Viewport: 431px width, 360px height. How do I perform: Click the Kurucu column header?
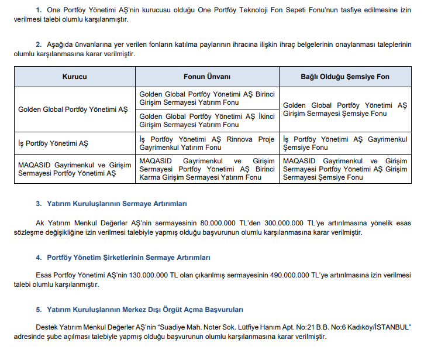[74, 77]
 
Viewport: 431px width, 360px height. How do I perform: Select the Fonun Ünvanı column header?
[207, 77]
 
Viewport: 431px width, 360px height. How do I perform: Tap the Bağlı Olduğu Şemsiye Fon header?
[345, 77]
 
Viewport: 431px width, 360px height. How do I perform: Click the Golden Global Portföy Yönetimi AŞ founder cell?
[73, 109]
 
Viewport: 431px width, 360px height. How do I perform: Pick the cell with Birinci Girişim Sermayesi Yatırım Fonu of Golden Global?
[207, 98]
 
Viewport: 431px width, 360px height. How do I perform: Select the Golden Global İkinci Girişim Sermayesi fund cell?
[207, 120]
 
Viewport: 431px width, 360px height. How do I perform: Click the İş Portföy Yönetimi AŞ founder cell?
[53, 143]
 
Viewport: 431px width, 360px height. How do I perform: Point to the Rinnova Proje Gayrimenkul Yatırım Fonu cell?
[207, 143]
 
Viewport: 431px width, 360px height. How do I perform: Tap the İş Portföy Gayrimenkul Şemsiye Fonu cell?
[345, 143]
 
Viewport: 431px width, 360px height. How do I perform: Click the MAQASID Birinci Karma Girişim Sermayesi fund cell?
[207, 169]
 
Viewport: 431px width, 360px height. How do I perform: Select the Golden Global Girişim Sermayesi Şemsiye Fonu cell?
[345, 109]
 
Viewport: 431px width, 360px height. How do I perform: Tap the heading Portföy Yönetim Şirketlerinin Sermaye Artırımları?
[128, 258]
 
